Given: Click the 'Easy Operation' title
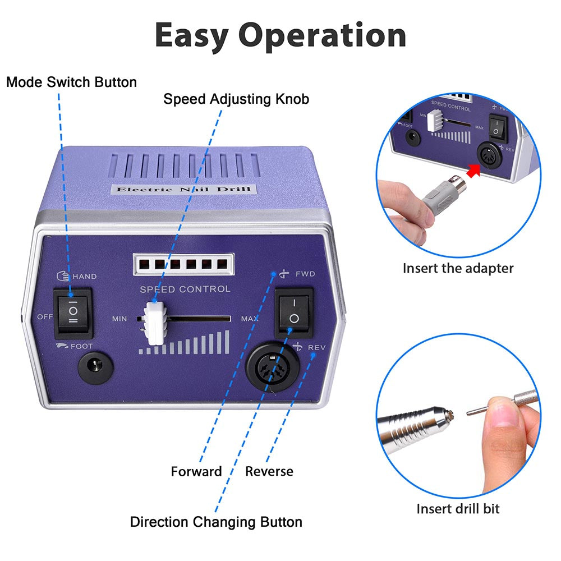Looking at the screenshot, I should point(280,35).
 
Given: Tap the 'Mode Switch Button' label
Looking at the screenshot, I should point(71,82).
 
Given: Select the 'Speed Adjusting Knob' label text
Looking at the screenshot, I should point(236,99).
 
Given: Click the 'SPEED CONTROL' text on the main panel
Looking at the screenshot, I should point(185,289).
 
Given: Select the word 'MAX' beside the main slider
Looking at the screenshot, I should point(250,319).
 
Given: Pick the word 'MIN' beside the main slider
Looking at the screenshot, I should point(119,319).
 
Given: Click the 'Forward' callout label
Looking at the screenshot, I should point(196,471).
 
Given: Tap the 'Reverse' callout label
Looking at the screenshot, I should point(269,471).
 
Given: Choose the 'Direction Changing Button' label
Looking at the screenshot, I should point(216,522).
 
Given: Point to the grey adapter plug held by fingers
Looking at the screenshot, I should point(438,196).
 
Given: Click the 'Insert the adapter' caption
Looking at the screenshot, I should point(458,268).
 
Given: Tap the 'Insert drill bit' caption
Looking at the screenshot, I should point(458,509).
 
